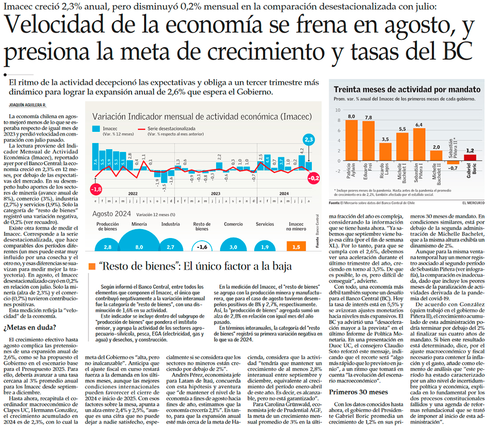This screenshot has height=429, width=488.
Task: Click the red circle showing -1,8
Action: (x=96, y=189)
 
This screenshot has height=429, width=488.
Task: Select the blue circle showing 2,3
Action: (x=309, y=139)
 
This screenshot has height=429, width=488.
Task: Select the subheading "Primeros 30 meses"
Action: (x=355, y=392)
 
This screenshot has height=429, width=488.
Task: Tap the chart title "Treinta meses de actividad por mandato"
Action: (x=407, y=89)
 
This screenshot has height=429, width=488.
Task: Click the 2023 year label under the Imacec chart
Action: (x=216, y=194)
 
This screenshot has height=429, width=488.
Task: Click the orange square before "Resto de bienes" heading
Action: (x=92, y=266)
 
